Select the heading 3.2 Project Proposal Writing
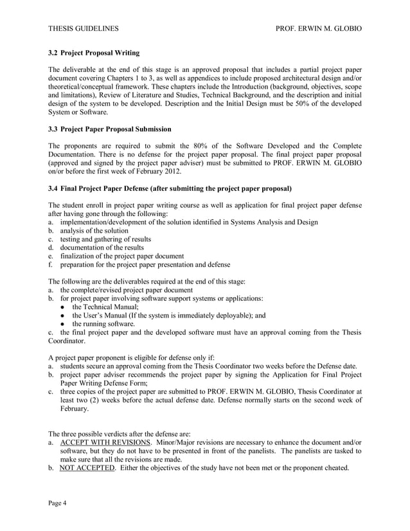[x=94, y=52]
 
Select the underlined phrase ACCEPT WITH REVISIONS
[x=105, y=443]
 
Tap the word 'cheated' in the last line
[x=334, y=467]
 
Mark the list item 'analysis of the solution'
[x=94, y=231]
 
